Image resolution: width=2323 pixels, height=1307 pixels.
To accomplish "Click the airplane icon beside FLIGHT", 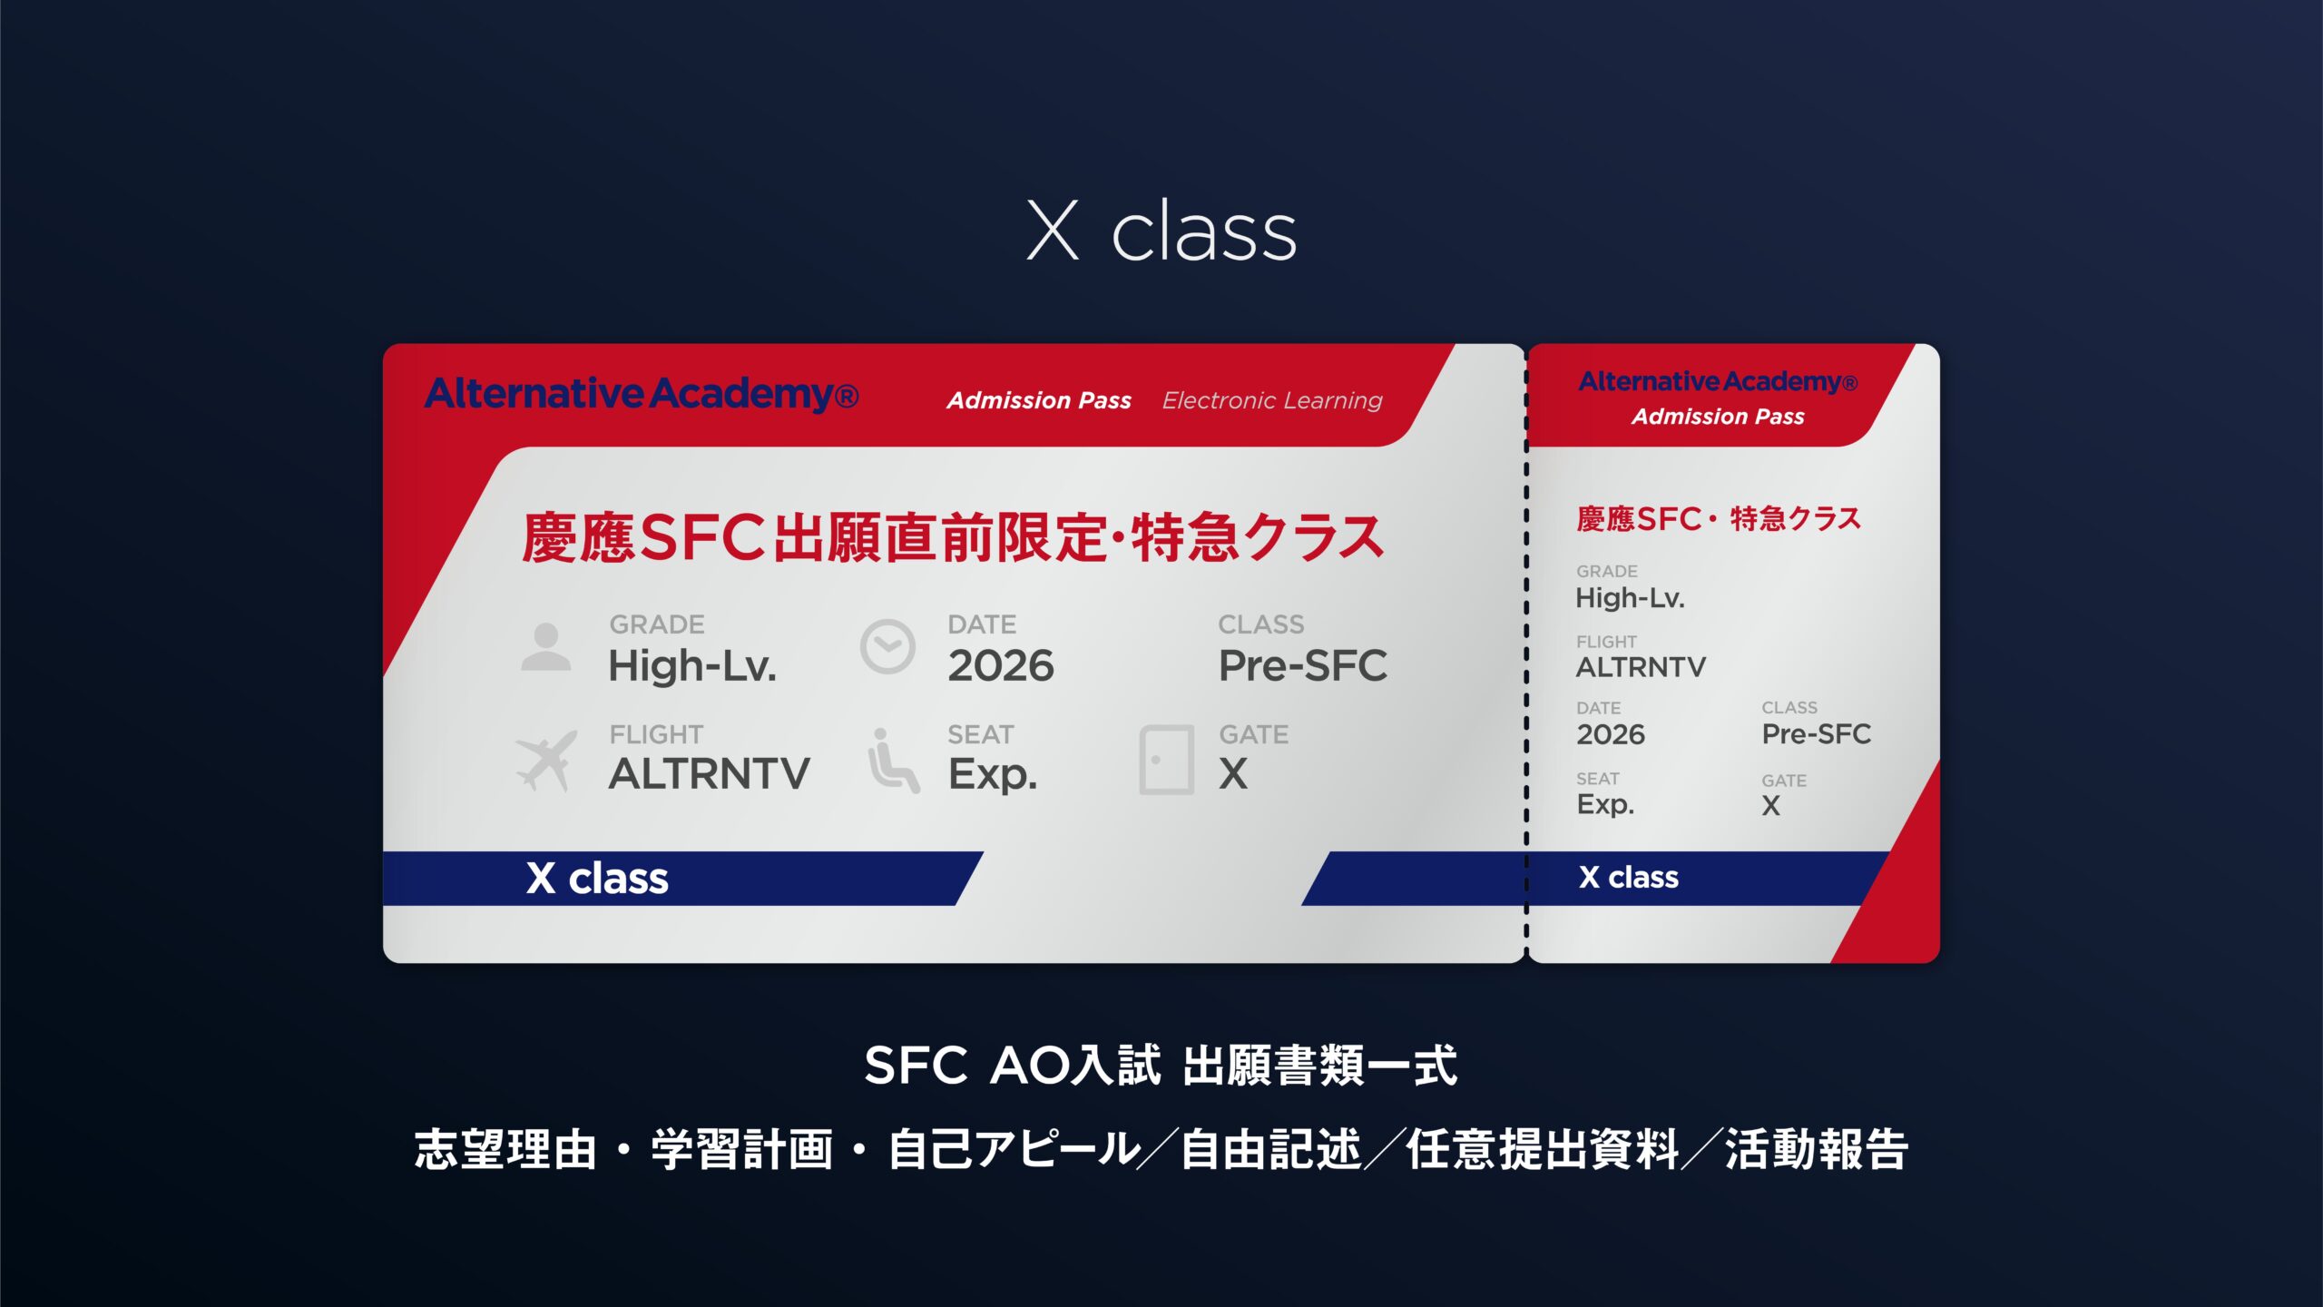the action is click(x=546, y=760).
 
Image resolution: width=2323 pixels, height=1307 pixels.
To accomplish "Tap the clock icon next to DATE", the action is click(x=887, y=646).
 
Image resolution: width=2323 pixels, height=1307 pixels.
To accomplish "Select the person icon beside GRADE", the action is click(x=546, y=646).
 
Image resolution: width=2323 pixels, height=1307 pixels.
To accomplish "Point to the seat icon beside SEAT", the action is click(x=893, y=761).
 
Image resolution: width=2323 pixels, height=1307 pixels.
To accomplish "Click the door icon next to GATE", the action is click(x=1166, y=760).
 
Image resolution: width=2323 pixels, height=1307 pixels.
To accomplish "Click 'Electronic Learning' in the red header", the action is click(x=1272, y=400).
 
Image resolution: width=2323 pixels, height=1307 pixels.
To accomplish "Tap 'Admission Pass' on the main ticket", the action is click(x=1039, y=400).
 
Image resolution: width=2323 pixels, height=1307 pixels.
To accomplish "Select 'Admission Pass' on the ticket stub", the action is click(x=1718, y=417).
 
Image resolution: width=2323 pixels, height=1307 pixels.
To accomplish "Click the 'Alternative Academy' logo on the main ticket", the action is click(x=642, y=394).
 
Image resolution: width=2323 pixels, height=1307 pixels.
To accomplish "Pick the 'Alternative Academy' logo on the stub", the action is click(x=1718, y=381).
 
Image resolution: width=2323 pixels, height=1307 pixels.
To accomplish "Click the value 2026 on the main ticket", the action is click(x=1001, y=666).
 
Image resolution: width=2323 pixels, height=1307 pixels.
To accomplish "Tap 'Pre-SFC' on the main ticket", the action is click(x=1303, y=666).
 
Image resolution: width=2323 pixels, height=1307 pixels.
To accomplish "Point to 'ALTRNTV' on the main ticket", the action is click(x=710, y=774).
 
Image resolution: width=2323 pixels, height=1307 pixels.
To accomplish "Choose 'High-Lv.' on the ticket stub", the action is click(x=1630, y=598).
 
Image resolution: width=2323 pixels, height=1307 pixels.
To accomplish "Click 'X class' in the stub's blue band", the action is click(x=1629, y=877).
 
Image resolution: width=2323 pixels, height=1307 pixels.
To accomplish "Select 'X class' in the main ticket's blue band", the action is click(x=597, y=879).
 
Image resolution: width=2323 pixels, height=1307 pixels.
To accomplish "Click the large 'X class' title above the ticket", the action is click(x=1161, y=231).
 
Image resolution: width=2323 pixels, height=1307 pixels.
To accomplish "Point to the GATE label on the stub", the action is click(x=1784, y=781).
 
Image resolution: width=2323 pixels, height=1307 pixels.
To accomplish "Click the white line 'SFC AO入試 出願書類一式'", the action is click(x=1161, y=1066).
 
